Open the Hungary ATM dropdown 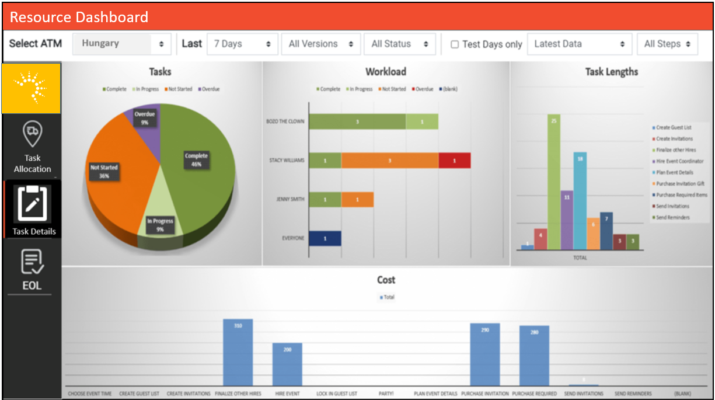click(x=121, y=44)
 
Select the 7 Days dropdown click(x=242, y=44)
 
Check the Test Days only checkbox click(x=455, y=44)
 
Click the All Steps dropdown click(x=668, y=44)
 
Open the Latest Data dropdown click(x=579, y=44)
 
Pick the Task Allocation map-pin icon click(x=32, y=134)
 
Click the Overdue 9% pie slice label click(x=144, y=118)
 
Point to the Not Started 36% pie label click(x=104, y=171)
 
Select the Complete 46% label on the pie click(x=196, y=160)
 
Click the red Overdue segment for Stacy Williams click(x=454, y=161)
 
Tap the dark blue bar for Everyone click(x=325, y=238)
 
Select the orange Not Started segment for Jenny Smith click(x=357, y=199)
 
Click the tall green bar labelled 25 click(x=553, y=182)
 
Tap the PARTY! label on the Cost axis click(x=386, y=394)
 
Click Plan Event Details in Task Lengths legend click(x=675, y=172)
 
